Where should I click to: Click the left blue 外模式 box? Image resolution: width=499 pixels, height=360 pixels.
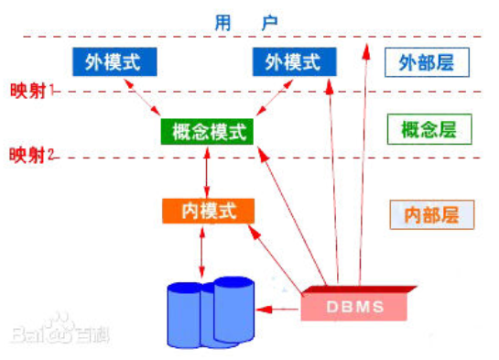[114, 61]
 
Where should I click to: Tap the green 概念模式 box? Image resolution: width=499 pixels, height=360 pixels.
[209, 132]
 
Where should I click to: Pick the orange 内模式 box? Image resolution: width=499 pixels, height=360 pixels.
[208, 211]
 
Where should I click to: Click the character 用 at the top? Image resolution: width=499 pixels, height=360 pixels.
[224, 19]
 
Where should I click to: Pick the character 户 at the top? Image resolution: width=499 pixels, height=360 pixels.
[267, 19]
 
